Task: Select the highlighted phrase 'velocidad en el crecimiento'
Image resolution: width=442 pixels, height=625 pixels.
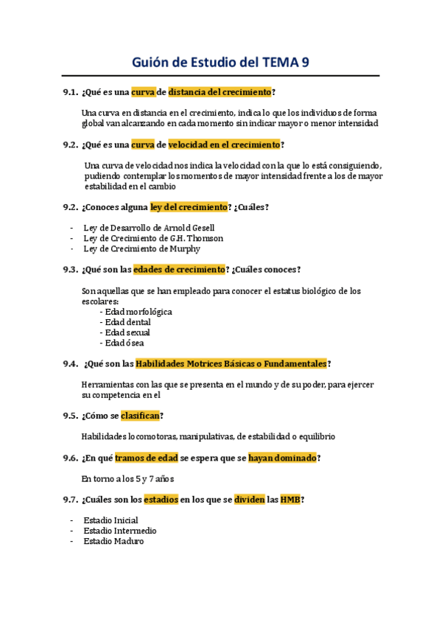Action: pos(224,144)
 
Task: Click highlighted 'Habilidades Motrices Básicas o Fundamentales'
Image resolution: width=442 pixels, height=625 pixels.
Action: pos(231,363)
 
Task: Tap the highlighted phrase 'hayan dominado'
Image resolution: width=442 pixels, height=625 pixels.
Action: pos(282,458)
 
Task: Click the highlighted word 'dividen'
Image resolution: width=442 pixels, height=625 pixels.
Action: pos(249,500)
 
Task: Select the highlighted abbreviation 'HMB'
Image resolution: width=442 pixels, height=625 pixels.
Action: pos(290,500)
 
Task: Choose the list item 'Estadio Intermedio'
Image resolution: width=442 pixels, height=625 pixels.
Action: pos(119,531)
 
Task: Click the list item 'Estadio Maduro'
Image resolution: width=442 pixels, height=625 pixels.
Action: pos(113,541)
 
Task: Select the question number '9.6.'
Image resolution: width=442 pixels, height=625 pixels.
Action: pos(71,458)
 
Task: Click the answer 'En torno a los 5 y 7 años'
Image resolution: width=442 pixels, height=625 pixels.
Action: pos(127,478)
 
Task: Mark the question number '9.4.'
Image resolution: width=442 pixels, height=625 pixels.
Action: pos(71,363)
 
